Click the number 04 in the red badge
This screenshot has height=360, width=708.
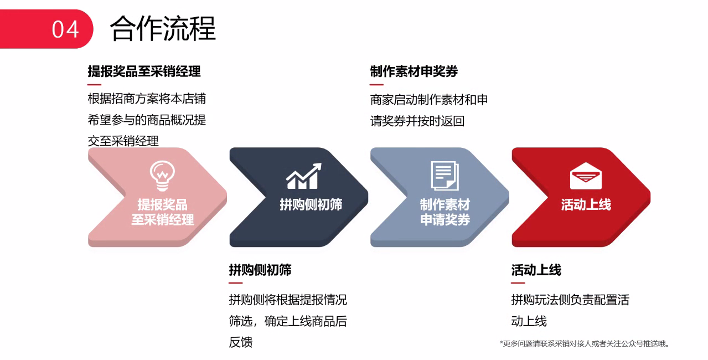65,29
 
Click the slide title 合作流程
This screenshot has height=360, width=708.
163,28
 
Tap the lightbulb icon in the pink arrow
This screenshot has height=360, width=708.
162,176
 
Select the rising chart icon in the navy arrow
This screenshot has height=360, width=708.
304,176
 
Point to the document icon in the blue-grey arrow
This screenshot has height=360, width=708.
445,176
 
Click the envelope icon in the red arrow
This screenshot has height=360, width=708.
586,176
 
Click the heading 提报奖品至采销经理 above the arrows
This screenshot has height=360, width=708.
144,71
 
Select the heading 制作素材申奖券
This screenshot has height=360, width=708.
414,71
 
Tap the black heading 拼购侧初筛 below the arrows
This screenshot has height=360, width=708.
260,270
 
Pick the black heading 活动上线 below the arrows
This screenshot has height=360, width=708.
536,270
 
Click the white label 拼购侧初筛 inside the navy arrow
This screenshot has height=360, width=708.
311,205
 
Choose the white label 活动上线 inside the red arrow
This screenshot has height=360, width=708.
586,205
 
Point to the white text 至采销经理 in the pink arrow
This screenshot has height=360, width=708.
162,219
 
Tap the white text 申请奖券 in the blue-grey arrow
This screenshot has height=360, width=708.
445,219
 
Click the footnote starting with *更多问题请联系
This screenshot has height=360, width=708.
584,343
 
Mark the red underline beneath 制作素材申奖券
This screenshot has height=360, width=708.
376,85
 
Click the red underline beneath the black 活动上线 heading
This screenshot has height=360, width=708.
518,283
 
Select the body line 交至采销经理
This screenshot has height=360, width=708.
123,141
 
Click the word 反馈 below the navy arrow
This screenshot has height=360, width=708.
241,342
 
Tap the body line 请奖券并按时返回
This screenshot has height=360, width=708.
417,121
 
